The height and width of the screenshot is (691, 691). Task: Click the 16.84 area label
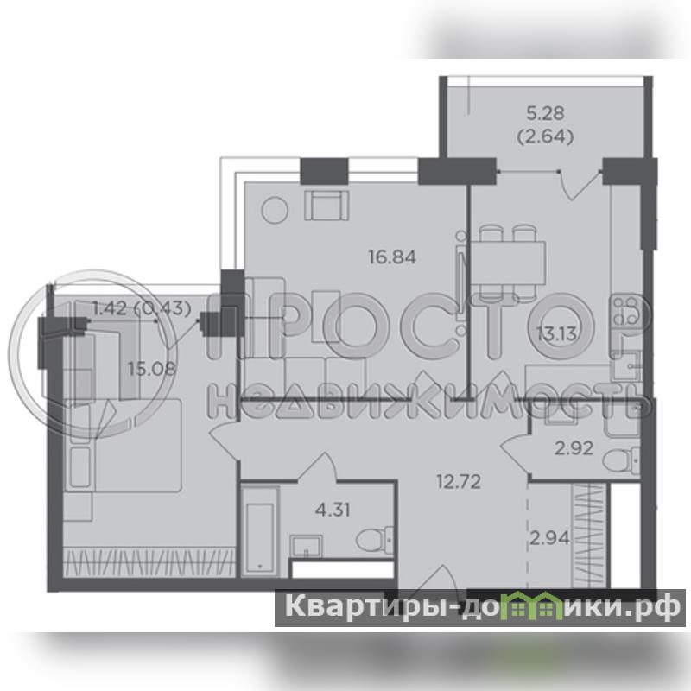tap(392, 257)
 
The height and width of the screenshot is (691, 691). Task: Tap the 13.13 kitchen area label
tap(556, 334)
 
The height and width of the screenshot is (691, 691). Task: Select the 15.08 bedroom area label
tap(152, 369)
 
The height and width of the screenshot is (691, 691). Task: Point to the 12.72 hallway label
tap(459, 482)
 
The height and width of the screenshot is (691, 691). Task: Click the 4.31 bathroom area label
tap(333, 510)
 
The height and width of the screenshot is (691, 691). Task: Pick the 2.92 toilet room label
tap(574, 448)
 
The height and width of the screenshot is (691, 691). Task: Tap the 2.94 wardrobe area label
tap(549, 538)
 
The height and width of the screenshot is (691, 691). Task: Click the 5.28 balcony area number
tap(545, 113)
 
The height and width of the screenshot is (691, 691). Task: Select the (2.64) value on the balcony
tap(545, 137)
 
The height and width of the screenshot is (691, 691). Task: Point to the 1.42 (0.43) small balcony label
tap(142, 308)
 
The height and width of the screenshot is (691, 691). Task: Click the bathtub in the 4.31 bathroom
tap(261, 531)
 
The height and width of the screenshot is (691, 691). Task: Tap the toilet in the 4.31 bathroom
tap(374, 539)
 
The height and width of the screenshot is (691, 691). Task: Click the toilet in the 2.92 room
tap(621, 460)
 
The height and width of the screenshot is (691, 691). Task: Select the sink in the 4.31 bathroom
tap(307, 547)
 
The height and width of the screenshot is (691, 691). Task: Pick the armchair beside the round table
tap(326, 206)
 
